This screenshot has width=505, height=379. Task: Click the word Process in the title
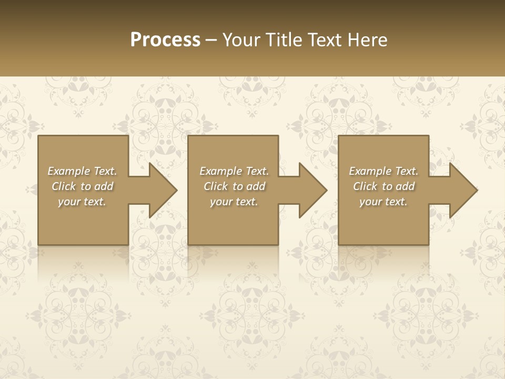(165, 39)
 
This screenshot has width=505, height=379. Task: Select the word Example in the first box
(68, 171)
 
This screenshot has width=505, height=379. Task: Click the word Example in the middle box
(220, 171)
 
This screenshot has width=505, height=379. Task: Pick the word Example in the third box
(370, 171)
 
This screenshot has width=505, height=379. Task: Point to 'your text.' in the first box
(82, 202)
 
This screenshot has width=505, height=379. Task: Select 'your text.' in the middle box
(234, 202)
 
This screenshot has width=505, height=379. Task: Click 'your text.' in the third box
(383, 202)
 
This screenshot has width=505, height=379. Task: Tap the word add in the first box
(104, 186)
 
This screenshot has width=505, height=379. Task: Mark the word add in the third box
(406, 186)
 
